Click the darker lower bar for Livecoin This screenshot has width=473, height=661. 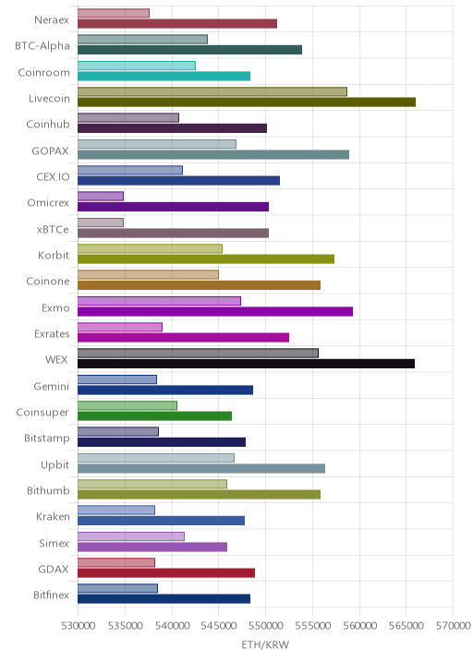pyautogui.click(x=247, y=102)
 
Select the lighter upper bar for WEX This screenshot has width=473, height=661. pyautogui.click(x=198, y=354)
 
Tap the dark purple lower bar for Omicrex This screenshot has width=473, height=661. pyautogui.click(x=173, y=207)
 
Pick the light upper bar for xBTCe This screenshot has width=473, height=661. pyautogui.click(x=101, y=222)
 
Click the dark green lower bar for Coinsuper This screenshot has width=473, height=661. pyautogui.click(x=154, y=416)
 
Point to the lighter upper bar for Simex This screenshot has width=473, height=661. pyautogui.click(x=131, y=536)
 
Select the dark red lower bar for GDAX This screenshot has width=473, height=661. pyautogui.click(x=166, y=573)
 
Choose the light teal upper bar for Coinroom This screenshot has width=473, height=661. pyautogui.click(x=137, y=66)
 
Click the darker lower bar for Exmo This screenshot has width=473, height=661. pyautogui.click(x=215, y=311)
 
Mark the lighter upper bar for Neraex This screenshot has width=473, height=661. pyautogui.click(x=114, y=13)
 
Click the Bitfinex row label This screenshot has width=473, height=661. pyautogui.click(x=51, y=595)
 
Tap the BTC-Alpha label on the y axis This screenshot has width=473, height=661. pyautogui.click(x=42, y=45)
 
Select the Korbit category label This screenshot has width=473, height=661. pyautogui.click(x=54, y=255)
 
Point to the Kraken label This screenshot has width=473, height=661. pyautogui.click(x=53, y=516)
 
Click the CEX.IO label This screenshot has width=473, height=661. pyautogui.click(x=54, y=176)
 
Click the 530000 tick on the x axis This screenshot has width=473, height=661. pyautogui.click(x=78, y=625)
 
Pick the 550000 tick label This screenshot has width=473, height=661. pyautogui.click(x=266, y=625)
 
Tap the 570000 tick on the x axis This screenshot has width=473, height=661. pyautogui.click(x=454, y=625)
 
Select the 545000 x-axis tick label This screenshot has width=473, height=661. pyautogui.click(x=219, y=625)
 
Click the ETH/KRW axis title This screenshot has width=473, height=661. pyautogui.click(x=265, y=644)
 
